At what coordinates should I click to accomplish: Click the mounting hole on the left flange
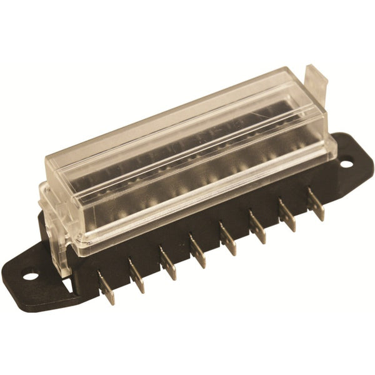click(x=31, y=273)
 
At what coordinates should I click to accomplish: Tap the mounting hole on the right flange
click(x=346, y=164)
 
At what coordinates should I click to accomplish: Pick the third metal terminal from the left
click(x=168, y=263)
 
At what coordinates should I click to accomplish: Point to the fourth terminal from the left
click(x=197, y=251)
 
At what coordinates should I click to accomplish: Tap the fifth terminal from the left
click(x=227, y=239)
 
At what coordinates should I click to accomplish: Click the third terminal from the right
click(x=257, y=227)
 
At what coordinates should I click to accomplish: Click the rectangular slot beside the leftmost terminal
click(x=67, y=284)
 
